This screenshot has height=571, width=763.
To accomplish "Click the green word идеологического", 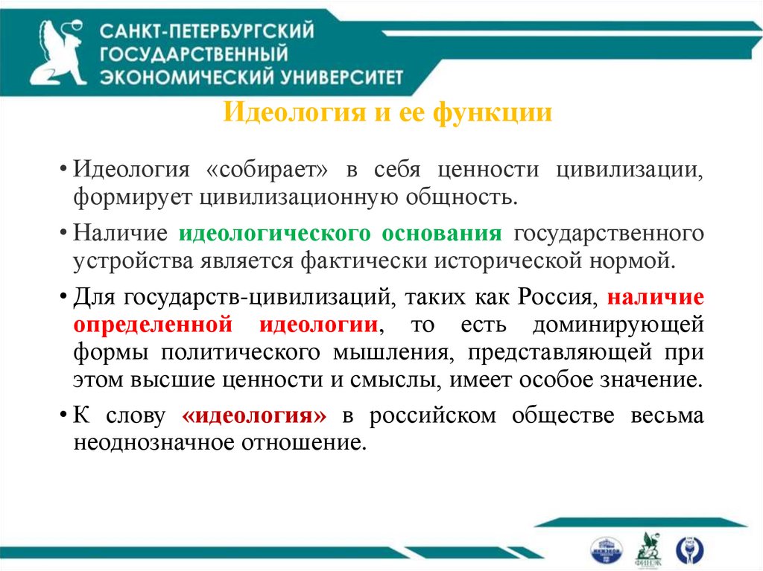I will point(275,233).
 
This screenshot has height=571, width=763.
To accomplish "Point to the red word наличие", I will point(656,298).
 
